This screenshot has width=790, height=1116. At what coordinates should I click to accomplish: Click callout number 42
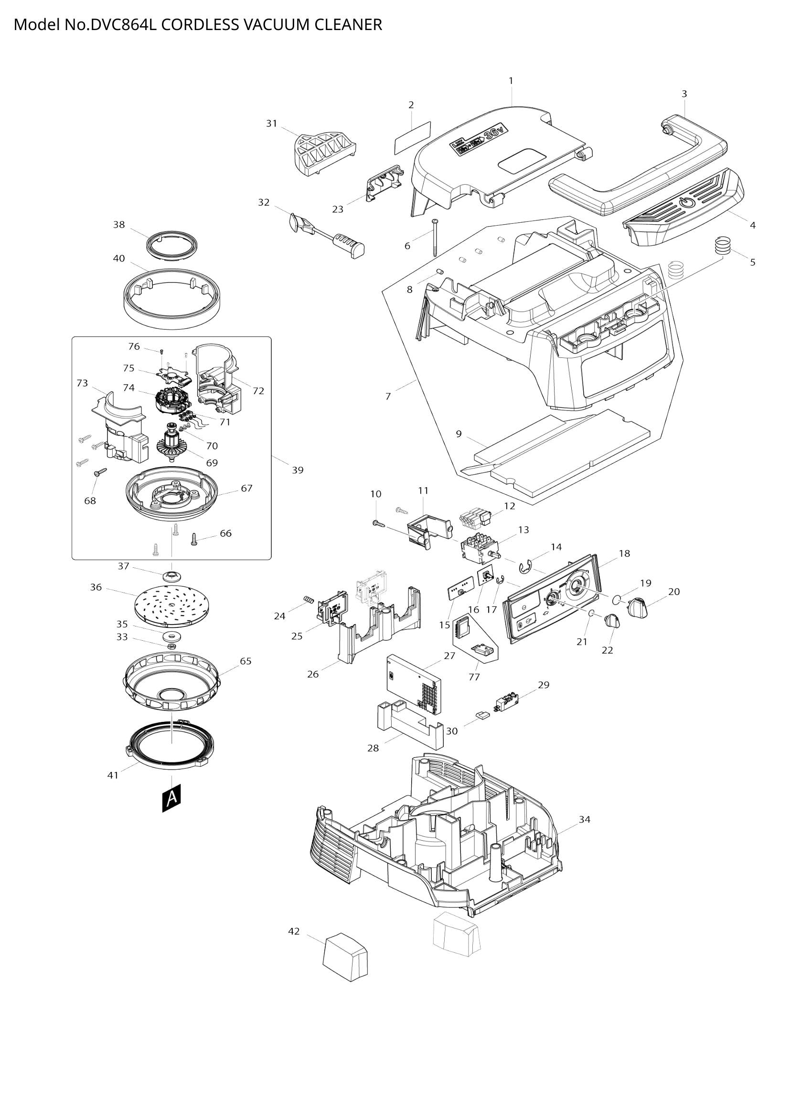[294, 931]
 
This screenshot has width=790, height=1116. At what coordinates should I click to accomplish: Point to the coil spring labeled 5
[723, 244]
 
